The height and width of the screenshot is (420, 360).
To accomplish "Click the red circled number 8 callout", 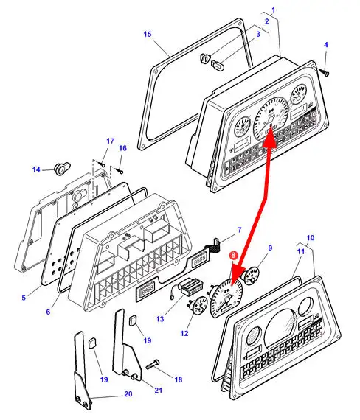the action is click(233, 255).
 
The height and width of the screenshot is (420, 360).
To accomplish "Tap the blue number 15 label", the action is click(148, 35).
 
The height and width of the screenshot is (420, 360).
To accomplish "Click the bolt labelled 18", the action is click(153, 365).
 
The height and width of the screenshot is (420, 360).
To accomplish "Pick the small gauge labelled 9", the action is click(251, 276).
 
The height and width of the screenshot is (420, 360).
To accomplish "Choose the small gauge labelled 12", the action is click(198, 306).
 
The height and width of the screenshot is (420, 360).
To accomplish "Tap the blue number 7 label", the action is click(240, 230).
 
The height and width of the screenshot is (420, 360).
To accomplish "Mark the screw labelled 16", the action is click(120, 170).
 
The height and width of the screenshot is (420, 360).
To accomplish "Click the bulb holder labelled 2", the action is click(206, 58).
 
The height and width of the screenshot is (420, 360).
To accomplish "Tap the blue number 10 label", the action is click(310, 237).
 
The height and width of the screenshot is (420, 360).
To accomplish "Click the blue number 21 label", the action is click(159, 390).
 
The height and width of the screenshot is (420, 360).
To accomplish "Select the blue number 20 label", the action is click(128, 394).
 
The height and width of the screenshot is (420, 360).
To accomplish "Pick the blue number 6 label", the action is click(48, 312).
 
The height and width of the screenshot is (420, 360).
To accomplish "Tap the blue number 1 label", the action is click(274, 10).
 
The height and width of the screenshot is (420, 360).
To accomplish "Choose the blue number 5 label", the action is click(24, 298).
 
